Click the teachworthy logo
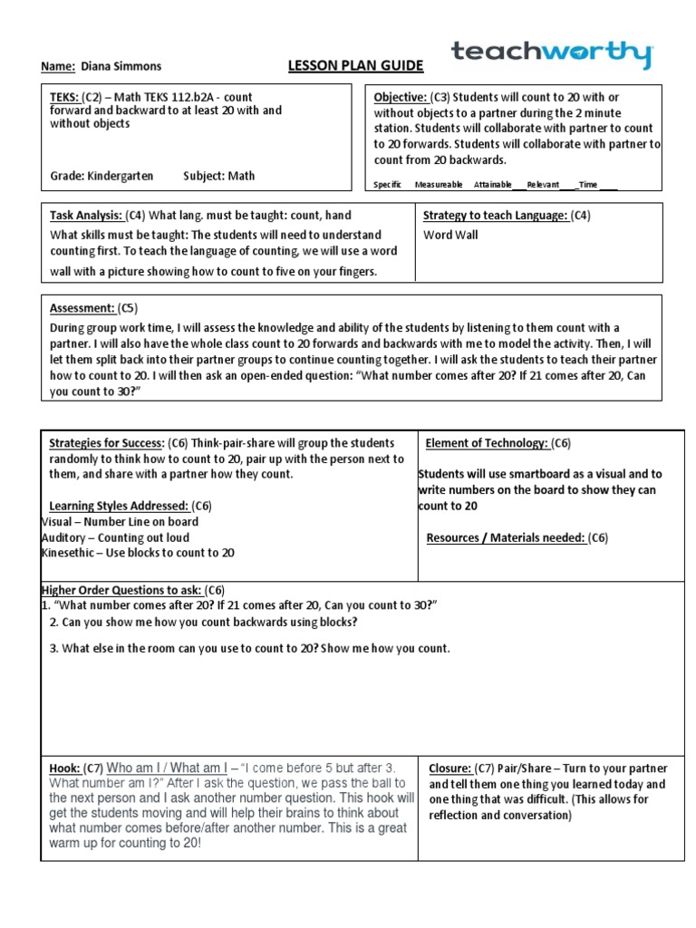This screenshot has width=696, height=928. pos(551,53)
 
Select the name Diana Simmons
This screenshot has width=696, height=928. pos(121,66)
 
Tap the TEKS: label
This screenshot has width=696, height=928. pos(63,97)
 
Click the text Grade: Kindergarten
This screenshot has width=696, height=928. pos(101,176)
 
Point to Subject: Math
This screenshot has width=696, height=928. pos(219,176)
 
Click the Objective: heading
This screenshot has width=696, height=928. pos(401,97)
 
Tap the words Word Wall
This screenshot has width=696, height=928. pos(450,235)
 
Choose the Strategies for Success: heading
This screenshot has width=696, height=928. pos(106,443)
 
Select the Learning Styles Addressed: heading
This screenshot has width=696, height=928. pos(117,506)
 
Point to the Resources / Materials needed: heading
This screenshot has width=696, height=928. pos(506,538)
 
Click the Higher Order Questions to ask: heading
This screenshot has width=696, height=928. pos(121,589)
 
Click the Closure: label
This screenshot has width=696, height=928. pos(449,768)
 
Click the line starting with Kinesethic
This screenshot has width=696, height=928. pos(138,553)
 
